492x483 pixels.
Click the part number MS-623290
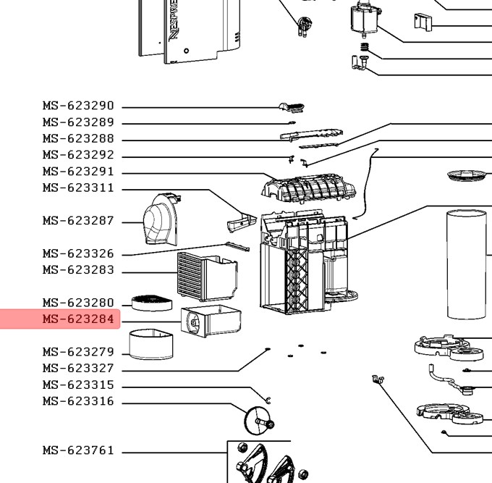[78, 106]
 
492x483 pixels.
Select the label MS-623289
[78, 123]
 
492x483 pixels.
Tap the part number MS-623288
[78, 139]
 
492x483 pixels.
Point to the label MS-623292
[78, 156]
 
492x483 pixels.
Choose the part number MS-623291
[78, 172]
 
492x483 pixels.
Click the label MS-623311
[78, 188]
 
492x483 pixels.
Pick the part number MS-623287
[78, 221]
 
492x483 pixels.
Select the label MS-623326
[78, 254]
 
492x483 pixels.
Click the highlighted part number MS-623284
[78, 319]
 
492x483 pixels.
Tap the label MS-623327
[78, 369]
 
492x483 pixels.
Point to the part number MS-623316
[78, 402]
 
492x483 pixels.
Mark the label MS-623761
[78, 450]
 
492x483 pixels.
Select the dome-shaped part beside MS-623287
[159, 220]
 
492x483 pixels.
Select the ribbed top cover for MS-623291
[309, 187]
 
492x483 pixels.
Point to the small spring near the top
[365, 49]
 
